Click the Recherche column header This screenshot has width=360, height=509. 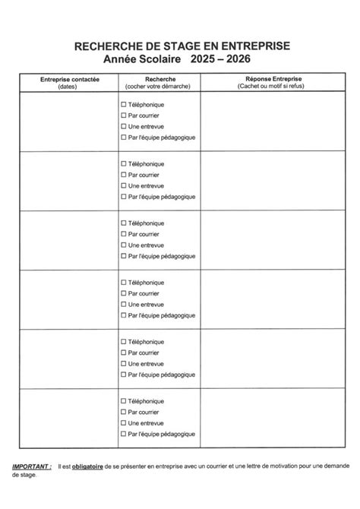click(x=159, y=79)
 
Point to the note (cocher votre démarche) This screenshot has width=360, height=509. click(x=159, y=86)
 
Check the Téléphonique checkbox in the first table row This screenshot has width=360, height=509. click(x=124, y=104)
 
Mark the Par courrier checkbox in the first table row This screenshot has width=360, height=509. click(x=124, y=115)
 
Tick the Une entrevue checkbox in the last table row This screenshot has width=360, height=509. click(x=124, y=422)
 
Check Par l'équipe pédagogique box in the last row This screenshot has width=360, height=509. click(x=124, y=434)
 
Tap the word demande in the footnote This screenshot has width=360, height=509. click(x=332, y=465)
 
